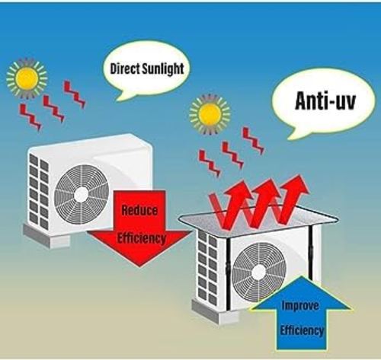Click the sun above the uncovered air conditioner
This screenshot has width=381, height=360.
[27, 78]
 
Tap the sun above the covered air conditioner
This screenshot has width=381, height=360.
[210, 114]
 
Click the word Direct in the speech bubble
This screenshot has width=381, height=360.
[125, 69]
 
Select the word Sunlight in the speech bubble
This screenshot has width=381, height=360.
[163, 69]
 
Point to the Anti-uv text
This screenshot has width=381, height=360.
[325, 100]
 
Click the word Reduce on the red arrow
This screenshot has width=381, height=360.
[139, 210]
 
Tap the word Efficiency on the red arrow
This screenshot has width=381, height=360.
[141, 238]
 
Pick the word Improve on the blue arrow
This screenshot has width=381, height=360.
[300, 306]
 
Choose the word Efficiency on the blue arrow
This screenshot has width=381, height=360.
[302, 330]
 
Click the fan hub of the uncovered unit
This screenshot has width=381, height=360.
[82, 195]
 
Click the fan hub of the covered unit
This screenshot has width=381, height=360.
[259, 272]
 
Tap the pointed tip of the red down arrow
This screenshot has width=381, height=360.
[139, 266]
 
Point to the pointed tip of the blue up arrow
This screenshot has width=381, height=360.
[301, 276]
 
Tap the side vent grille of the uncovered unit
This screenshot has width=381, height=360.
[39, 192]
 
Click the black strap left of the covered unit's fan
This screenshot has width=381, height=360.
[228, 275]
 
